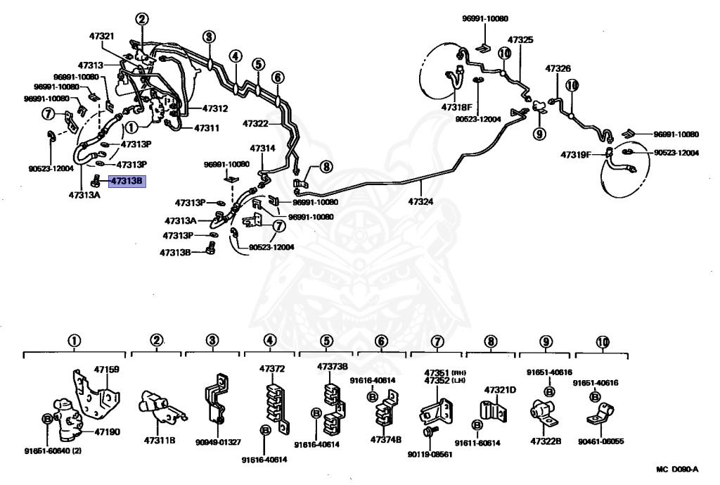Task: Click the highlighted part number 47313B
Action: [127, 181]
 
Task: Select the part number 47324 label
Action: [420, 201]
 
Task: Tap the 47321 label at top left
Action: [101, 36]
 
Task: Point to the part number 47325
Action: [520, 40]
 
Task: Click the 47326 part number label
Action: [558, 68]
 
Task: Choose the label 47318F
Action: [456, 107]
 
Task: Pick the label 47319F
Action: [575, 154]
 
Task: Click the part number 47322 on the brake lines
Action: [255, 124]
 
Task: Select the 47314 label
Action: [263, 149]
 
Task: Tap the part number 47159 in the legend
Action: [107, 369]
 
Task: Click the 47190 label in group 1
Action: [107, 432]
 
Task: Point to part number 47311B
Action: [160, 441]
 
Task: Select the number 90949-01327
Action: [218, 442]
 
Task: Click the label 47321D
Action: [500, 390]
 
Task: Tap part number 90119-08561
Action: [430, 454]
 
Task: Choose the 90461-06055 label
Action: [600, 441]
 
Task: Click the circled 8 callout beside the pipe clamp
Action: [326, 166]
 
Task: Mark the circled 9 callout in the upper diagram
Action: [539, 134]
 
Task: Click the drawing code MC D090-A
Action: [677, 470]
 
